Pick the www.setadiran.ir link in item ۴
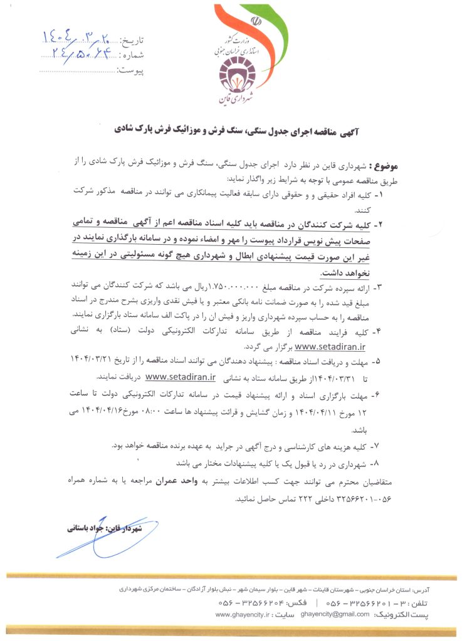pos(330,345)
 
